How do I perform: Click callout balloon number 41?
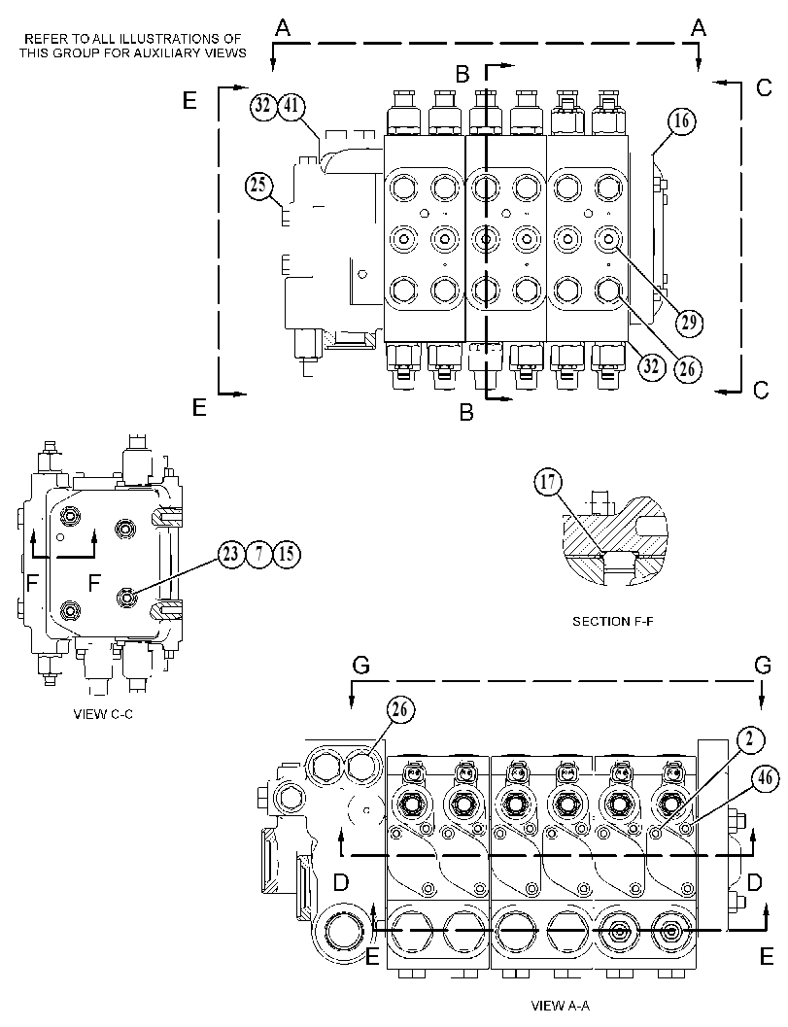coord(292,106)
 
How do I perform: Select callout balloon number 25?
coord(258,185)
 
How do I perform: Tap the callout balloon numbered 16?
coord(681,121)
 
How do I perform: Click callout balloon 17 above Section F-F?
coord(548,482)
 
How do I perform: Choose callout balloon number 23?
coord(231,554)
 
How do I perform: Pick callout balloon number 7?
coord(258,554)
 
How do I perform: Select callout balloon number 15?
coord(287,554)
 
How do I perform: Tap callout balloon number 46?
coord(765,779)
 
